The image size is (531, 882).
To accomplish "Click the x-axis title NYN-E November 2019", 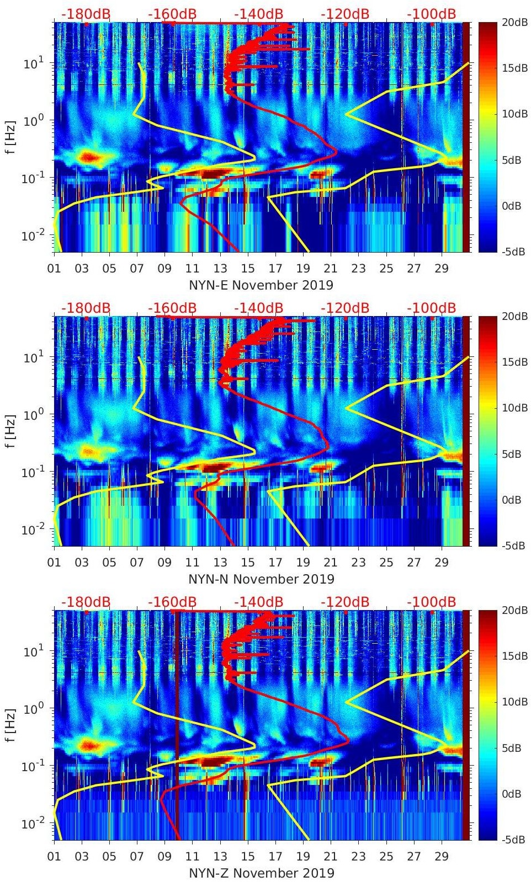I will click(261, 285).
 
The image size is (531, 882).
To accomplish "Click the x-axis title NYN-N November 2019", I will click(261, 579).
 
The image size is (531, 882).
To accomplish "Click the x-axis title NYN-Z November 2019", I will click(261, 873).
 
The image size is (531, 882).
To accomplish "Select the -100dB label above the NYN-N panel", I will click(432, 308).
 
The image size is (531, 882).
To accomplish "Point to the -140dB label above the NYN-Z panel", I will click(259, 602).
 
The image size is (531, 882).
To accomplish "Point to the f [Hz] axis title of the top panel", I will click(11, 137).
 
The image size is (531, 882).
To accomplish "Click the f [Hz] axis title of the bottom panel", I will click(11, 725).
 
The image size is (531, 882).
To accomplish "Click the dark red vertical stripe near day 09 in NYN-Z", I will click(177, 728).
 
